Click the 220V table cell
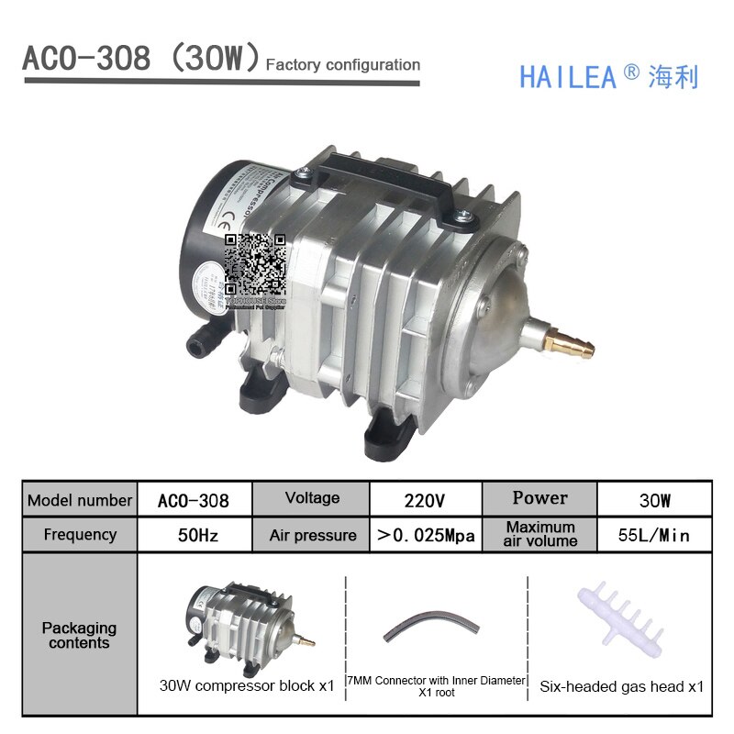pyautogui.click(x=424, y=501)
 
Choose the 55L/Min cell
pyautogui.click(x=652, y=535)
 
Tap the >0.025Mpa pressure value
pyautogui.click(x=426, y=535)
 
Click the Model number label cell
pyautogui.click(x=80, y=501)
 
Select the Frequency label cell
pyautogui.click(x=80, y=534)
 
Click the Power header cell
pyautogui.click(x=539, y=498)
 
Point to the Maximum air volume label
pyautogui.click(x=540, y=534)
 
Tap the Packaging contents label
pyautogui.click(x=80, y=635)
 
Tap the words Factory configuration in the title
pyautogui.click(x=342, y=65)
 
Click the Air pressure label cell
pyautogui.click(x=313, y=535)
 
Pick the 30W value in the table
pyautogui.click(x=654, y=501)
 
